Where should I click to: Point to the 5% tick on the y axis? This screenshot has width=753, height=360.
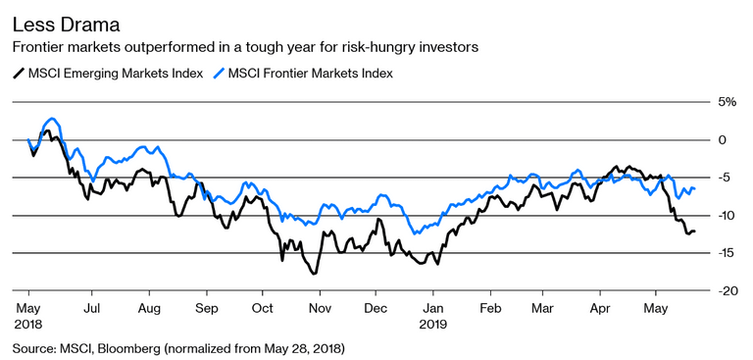coord(727,102)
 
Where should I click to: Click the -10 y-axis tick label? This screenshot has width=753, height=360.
coord(726,216)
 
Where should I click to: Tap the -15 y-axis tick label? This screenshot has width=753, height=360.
coord(726,253)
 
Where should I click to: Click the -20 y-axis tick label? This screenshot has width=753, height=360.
coord(726,291)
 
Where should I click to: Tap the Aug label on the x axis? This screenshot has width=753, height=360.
coord(148,306)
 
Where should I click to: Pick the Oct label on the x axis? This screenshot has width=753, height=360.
coord(263,306)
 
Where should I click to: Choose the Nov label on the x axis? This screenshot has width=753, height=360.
coord(321,306)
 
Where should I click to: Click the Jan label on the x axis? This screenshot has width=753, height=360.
coord(433,306)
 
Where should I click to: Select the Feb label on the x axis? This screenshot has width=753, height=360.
coord(491,306)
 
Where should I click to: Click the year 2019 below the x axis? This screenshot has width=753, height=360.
coord(435,322)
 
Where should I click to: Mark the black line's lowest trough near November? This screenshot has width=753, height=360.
coord(315,273)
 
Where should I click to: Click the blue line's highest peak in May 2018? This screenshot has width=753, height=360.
coord(52,119)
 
